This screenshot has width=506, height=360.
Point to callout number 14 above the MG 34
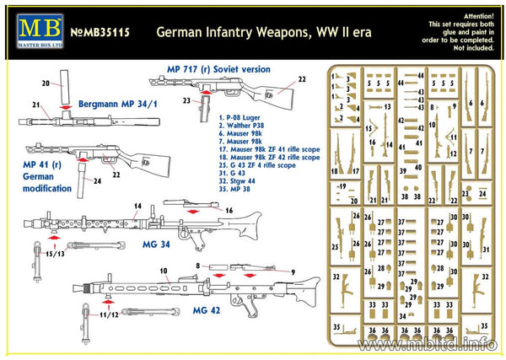(137, 205)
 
